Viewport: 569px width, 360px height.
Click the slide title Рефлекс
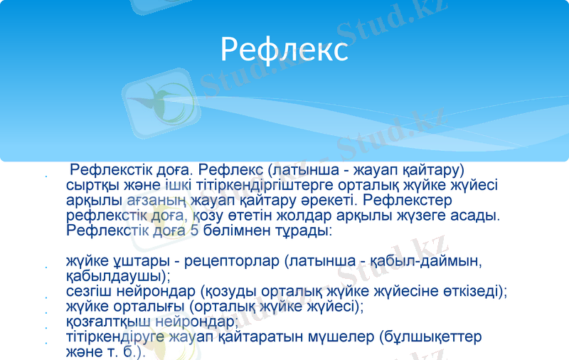[284, 50]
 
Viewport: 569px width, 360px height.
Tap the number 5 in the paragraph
[194, 231]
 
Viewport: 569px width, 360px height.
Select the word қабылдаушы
[115, 275]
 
